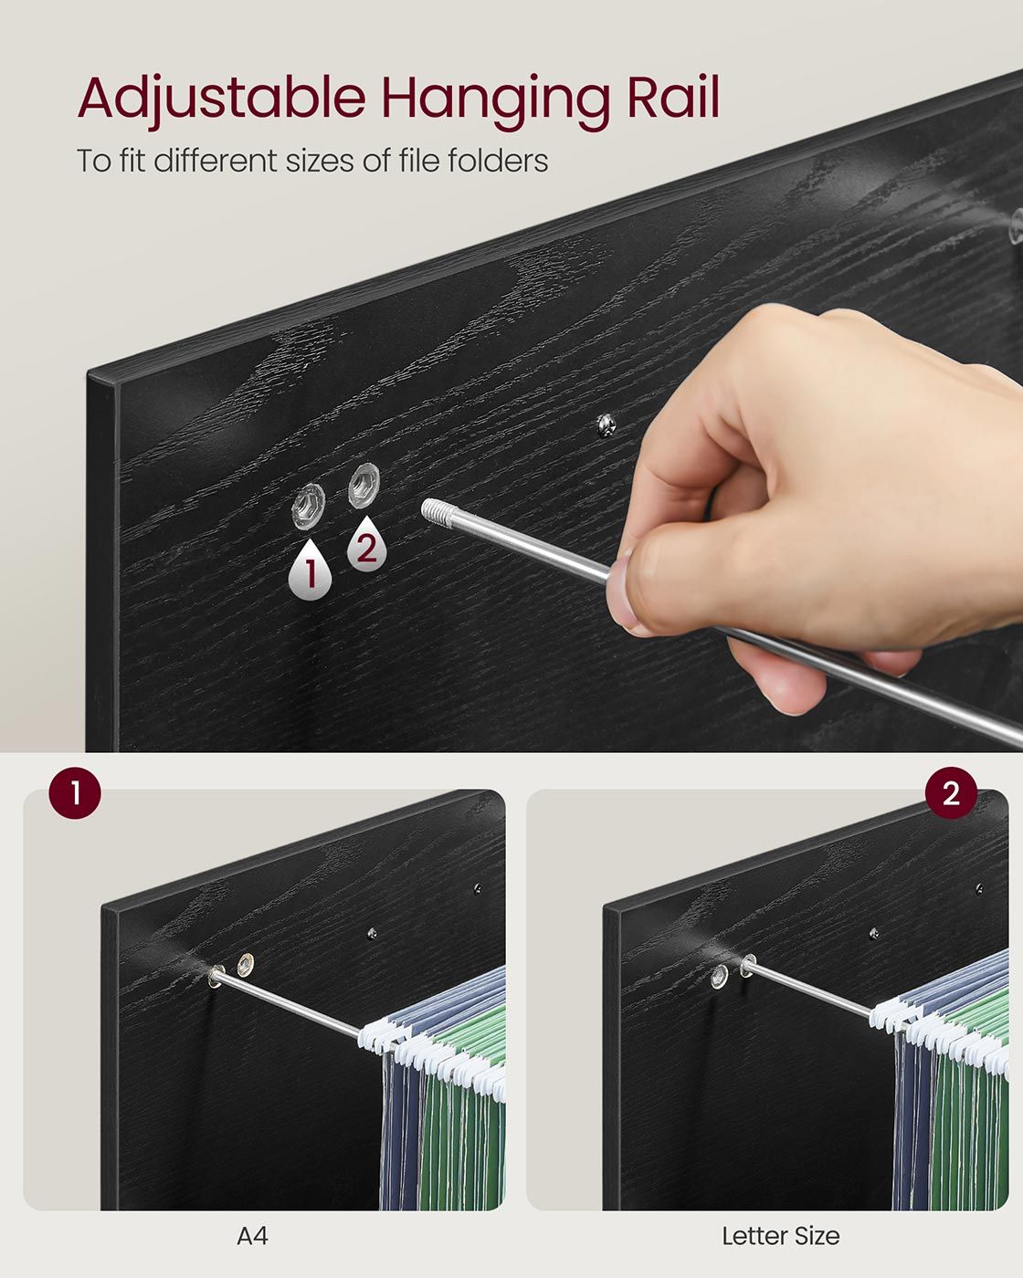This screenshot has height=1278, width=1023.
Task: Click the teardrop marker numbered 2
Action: [367, 543]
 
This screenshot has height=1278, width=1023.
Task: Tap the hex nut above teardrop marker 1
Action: [309, 507]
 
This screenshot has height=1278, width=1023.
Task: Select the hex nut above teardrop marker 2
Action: [364, 485]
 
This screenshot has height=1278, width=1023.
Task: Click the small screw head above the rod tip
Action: [605, 425]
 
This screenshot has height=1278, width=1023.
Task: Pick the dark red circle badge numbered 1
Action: [75, 792]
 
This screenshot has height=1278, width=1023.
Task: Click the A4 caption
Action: [252, 1236]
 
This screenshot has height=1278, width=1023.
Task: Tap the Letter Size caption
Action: [780, 1236]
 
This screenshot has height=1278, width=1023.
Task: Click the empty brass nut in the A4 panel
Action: [245, 965]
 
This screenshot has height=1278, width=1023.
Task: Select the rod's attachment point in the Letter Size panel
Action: [748, 965]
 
